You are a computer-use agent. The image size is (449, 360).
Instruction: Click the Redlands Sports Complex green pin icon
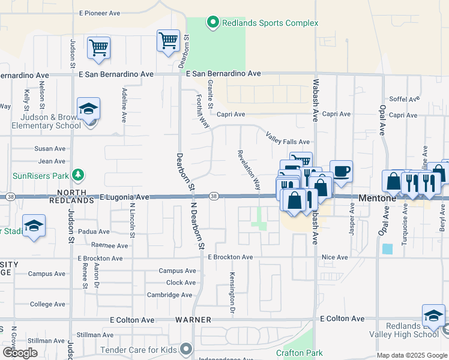[x=212, y=23]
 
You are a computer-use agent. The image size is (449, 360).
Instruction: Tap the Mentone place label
[x=376, y=197]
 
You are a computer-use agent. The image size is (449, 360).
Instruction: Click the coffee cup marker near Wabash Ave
[x=341, y=172]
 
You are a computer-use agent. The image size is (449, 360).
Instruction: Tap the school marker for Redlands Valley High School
[x=434, y=316]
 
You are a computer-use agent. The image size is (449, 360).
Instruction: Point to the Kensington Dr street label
[x=232, y=293]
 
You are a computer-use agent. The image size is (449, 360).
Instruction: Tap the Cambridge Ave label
[x=170, y=295]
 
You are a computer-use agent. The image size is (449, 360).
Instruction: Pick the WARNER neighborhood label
[x=193, y=320]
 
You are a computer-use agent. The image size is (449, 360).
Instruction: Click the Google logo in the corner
[x=20, y=353]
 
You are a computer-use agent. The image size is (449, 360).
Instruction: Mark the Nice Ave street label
[x=334, y=257]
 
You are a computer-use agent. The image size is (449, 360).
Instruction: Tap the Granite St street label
[x=211, y=94]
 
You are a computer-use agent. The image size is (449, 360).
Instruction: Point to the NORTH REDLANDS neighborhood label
[x=76, y=196]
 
